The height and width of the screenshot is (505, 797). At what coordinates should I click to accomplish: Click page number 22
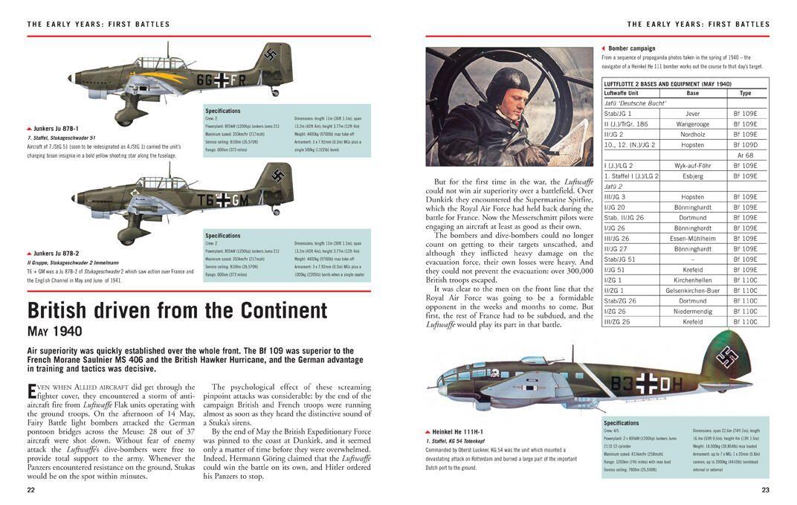[30, 489]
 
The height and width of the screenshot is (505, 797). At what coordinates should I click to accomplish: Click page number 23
[765, 489]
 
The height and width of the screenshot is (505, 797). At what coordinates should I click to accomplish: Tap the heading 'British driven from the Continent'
[177, 310]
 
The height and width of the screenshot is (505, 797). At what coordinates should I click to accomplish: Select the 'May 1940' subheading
[54, 332]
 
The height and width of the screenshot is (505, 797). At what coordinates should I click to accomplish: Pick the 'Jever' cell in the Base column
[692, 114]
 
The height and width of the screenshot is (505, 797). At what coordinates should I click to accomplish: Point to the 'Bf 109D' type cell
[745, 145]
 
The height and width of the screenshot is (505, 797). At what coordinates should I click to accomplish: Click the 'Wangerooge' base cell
[692, 124]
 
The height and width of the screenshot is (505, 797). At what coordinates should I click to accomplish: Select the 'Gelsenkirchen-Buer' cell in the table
[692, 291]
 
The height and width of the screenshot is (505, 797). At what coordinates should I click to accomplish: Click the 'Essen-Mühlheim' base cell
[692, 239]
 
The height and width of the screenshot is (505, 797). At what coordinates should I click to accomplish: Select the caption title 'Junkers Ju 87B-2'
[56, 254]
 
